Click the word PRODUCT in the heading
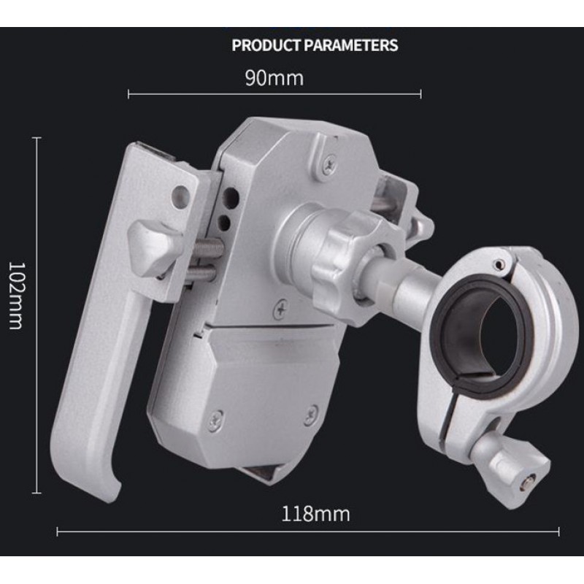click(x=266, y=45)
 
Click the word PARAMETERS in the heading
click(x=351, y=45)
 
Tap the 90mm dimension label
click(x=274, y=78)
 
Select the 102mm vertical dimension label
click(x=16, y=296)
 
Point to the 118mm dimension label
click(x=315, y=514)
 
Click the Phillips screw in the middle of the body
click(x=281, y=309)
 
